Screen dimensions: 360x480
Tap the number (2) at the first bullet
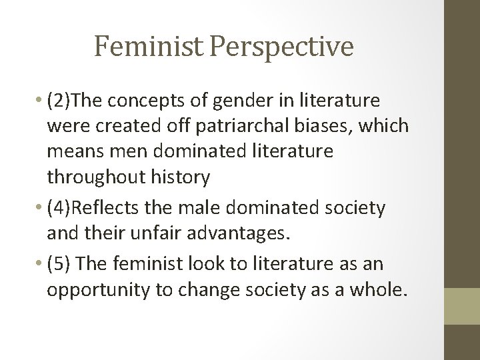[58, 101]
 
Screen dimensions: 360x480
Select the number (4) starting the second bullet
[58, 209]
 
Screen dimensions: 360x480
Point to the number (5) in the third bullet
[58, 264]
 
